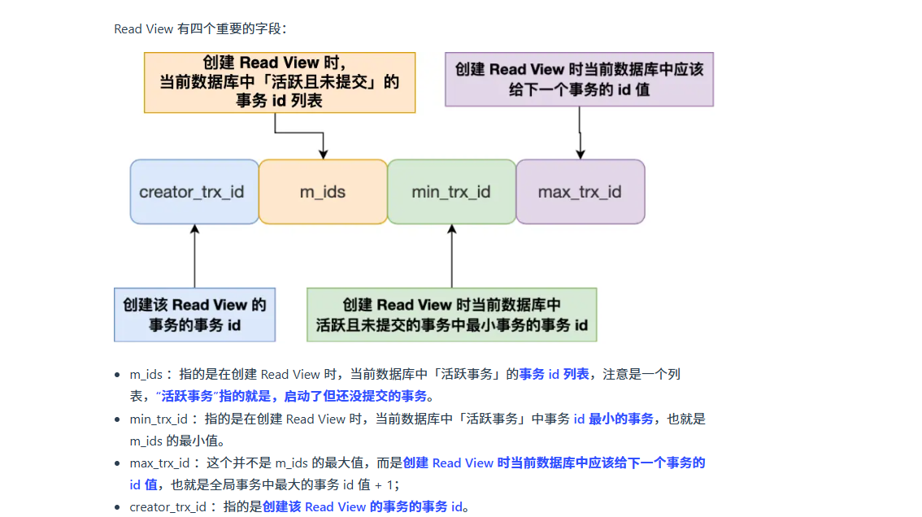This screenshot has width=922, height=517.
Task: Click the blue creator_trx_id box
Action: click(x=194, y=192)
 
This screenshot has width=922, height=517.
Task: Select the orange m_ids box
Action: click(x=323, y=192)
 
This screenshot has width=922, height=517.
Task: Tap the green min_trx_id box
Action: click(x=451, y=192)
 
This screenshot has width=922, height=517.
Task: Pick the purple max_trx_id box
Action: click(x=580, y=192)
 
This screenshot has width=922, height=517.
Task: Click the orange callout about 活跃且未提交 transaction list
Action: click(x=280, y=82)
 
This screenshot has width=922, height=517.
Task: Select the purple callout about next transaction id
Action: click(x=579, y=80)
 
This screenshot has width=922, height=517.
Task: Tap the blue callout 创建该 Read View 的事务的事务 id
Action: click(x=194, y=315)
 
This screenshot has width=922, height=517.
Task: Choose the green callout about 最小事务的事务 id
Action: click(x=451, y=315)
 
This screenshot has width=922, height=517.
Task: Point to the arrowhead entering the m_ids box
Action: click(x=323, y=154)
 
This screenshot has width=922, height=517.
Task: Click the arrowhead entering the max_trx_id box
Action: click(x=580, y=154)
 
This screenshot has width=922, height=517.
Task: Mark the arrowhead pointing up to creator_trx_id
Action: click(x=194, y=230)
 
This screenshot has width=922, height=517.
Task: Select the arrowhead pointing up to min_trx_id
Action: click(x=451, y=230)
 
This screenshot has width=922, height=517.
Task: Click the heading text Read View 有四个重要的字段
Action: click(x=200, y=29)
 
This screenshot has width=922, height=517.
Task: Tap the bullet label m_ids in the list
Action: click(x=146, y=375)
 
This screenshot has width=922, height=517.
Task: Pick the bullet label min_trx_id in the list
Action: click(x=159, y=419)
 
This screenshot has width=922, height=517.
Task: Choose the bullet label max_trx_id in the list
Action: click(x=159, y=463)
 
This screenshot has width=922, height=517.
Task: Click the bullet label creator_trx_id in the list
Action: click(x=167, y=507)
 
